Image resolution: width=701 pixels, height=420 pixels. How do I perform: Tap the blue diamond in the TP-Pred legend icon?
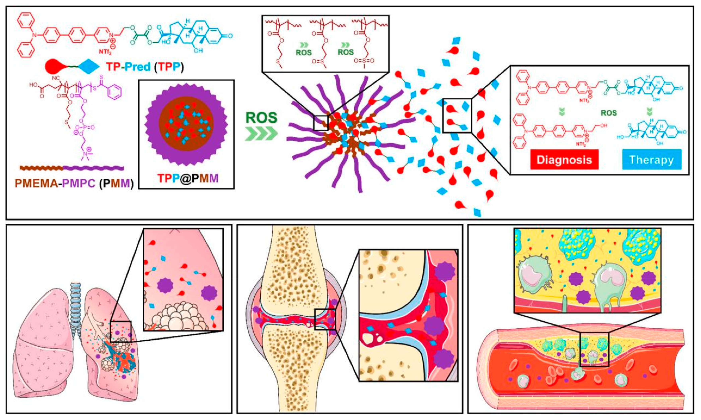coord(88,67)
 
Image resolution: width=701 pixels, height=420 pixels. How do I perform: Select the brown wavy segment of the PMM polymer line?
coord(41,168)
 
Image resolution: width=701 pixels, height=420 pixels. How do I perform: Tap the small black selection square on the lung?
coord(121,332)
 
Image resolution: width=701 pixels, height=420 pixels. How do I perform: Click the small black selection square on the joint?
coord(325,319)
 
